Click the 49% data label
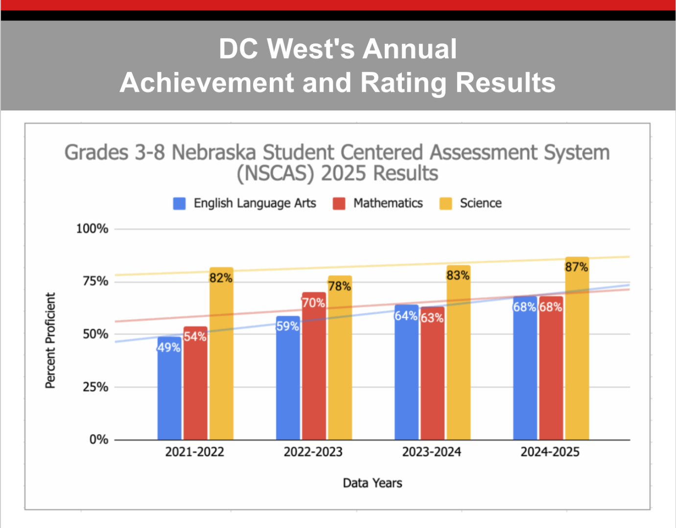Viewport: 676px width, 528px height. pos(169,348)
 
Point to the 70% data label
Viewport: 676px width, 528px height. pos(313,303)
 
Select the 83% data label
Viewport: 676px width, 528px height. pos(458,275)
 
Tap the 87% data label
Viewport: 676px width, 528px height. pos(577,267)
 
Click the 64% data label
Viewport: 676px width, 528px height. pos(406,316)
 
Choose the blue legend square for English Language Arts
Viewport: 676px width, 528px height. pos(179,203)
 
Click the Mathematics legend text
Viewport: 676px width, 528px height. pos(388,203)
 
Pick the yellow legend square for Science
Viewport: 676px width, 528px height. pos(445,203)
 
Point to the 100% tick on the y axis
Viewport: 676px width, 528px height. pos(92,228)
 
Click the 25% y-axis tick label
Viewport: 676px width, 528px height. pos(95,387)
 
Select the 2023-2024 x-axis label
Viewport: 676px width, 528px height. pos(432,452)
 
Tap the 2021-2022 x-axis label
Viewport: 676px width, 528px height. pos(194,452)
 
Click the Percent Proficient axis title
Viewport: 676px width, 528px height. pos(50,340)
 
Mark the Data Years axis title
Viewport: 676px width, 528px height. pos(373,483)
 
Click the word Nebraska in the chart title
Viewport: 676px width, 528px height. pos(214,153)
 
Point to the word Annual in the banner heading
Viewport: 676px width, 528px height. pos(410,49)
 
